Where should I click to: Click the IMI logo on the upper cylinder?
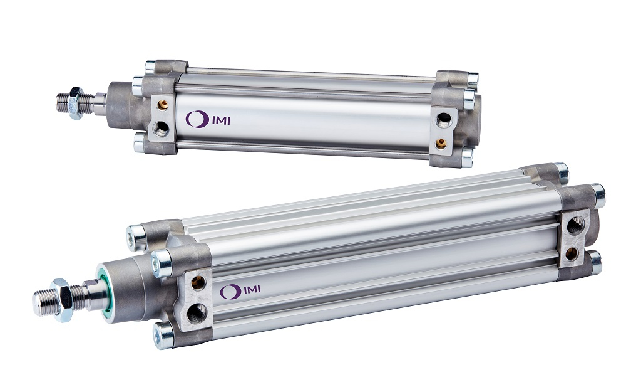click(x=208, y=119)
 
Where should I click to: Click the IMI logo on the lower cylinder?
click(x=240, y=291)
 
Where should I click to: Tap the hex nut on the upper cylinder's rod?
click(x=76, y=102)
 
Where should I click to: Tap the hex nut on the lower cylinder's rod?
click(x=62, y=300)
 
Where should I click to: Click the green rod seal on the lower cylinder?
click(x=105, y=295)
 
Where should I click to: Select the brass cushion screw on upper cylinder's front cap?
click(x=163, y=105)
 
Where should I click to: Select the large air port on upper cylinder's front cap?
click(x=161, y=129)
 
